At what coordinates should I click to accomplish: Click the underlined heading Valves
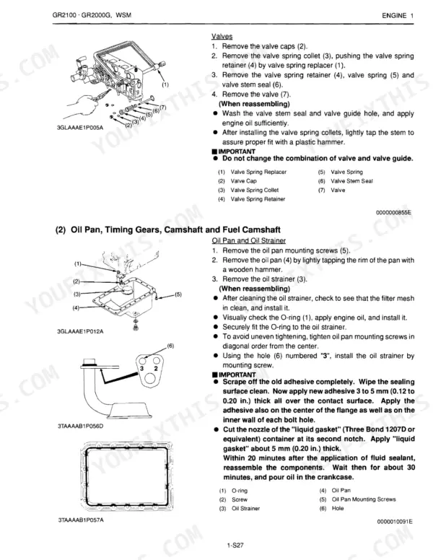click(x=222, y=36)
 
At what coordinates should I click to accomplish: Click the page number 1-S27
click(x=235, y=546)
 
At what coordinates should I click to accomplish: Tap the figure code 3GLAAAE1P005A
click(x=80, y=128)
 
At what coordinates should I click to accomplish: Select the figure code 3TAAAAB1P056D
click(x=80, y=426)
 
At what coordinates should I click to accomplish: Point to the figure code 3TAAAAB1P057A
click(x=81, y=520)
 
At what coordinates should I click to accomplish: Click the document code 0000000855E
click(x=394, y=212)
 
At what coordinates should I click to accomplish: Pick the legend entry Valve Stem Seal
click(x=351, y=181)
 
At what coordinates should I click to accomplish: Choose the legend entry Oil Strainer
click(x=246, y=508)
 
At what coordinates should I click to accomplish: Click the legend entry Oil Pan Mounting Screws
click(x=364, y=499)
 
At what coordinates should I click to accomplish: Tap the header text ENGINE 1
click(x=398, y=15)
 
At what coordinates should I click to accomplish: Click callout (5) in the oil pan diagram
click(x=178, y=294)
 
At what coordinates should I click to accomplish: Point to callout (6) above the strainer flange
click(x=170, y=346)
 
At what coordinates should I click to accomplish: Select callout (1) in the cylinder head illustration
click(x=165, y=85)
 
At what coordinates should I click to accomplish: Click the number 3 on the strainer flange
click(x=142, y=368)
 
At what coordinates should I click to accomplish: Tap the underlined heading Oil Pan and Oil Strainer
click(x=249, y=241)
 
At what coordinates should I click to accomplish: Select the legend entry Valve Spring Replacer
click(x=258, y=172)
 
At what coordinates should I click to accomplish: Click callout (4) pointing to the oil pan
click(x=76, y=307)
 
